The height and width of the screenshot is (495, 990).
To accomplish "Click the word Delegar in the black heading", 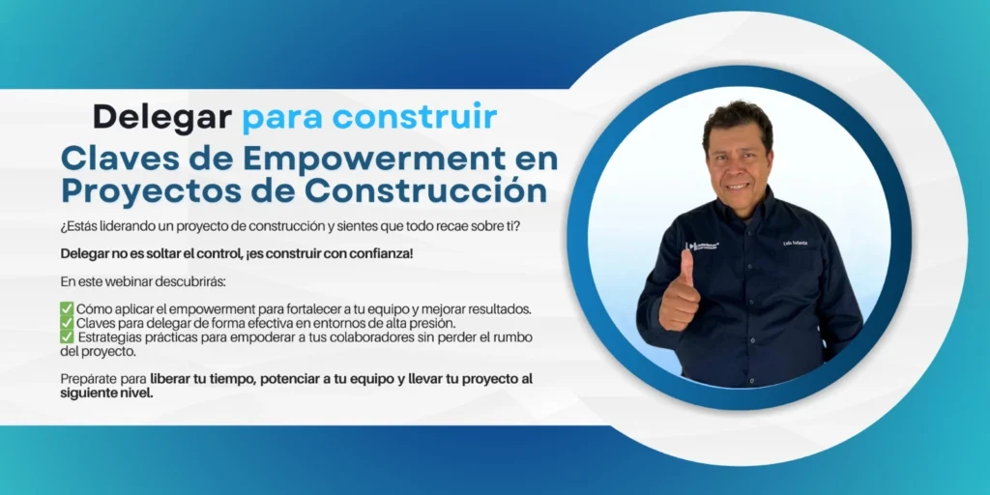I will tap(161, 117).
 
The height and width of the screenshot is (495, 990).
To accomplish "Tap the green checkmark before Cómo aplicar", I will tap(67, 308).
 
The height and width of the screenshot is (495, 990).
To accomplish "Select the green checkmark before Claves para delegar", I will tap(67, 322).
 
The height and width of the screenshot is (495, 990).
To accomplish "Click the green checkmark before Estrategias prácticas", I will tap(67, 336).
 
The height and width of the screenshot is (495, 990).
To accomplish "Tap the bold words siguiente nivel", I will tap(106, 393).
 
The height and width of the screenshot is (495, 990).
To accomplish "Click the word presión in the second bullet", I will tap(432, 322).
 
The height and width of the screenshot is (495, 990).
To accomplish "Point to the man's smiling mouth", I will tap(739, 186).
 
